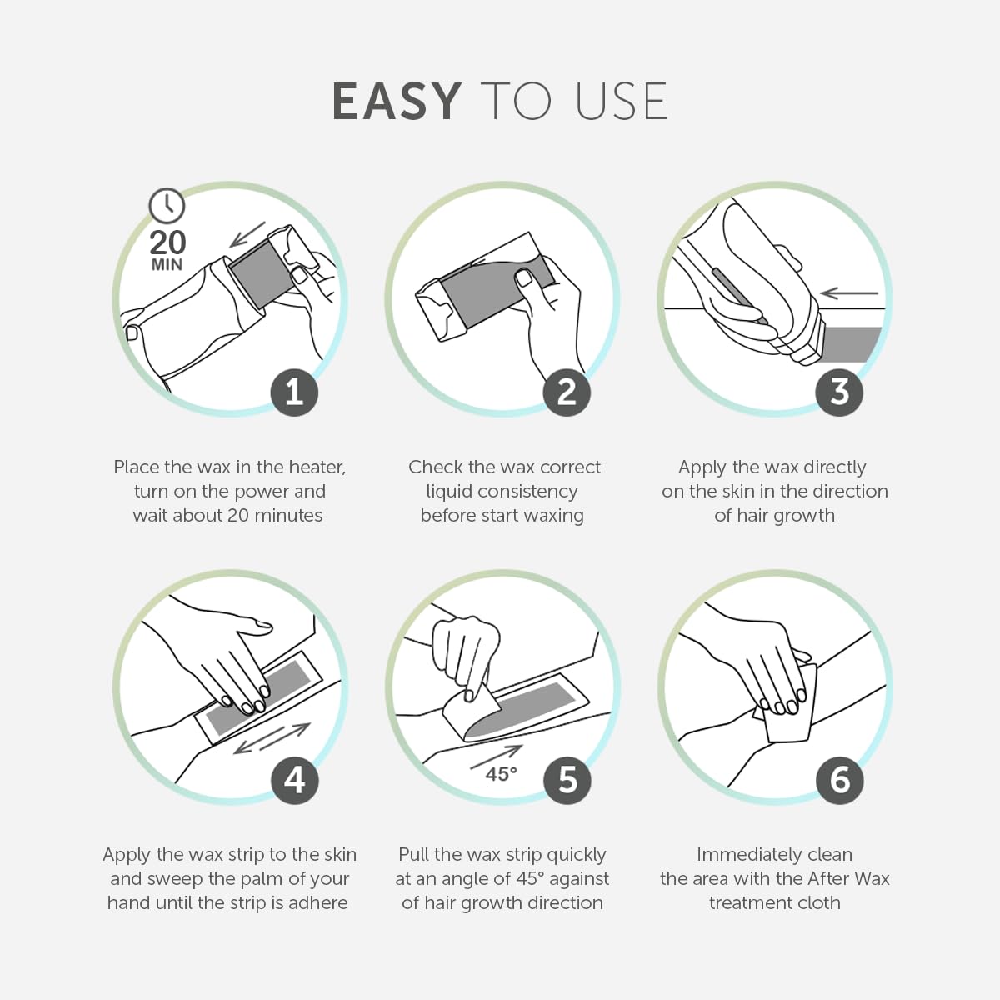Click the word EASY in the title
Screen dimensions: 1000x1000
397,101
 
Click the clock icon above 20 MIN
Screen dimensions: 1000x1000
167,206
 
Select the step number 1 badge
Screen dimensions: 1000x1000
294,392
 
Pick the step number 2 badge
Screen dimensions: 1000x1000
567,392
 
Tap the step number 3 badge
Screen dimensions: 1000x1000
839,392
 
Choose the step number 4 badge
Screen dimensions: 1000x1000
294,780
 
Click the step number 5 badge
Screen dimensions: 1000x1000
567,780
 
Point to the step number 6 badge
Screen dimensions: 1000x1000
839,780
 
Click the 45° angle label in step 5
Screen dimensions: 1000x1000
502,774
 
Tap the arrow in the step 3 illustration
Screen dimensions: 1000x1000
849,293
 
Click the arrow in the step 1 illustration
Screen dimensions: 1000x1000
247,234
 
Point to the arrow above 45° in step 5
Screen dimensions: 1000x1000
496,757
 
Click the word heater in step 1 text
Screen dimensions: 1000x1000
317,467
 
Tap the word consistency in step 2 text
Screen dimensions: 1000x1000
528,492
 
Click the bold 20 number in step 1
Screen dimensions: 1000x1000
167,242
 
